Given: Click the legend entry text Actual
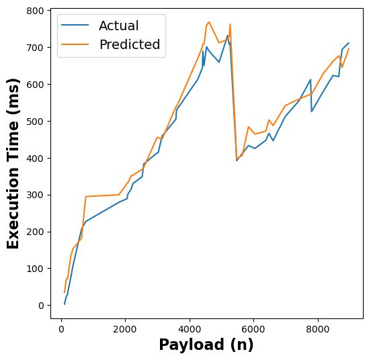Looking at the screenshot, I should (x=118, y=26).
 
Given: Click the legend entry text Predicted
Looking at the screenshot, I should (x=129, y=45).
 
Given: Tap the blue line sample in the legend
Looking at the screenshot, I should (x=76, y=26).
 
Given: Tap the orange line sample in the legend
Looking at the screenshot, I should (x=76, y=45).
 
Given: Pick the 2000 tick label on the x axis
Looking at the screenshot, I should (x=125, y=329).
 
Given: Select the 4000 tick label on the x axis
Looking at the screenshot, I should (x=190, y=329).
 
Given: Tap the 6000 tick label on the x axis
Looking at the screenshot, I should (x=253, y=329).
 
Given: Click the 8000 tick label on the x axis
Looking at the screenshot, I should (x=318, y=329).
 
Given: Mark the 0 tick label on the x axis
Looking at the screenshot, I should (x=61, y=329).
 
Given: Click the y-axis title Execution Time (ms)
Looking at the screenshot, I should (x=13, y=163).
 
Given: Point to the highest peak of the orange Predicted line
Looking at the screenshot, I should (x=209, y=21).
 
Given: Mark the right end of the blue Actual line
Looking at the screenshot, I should (x=349, y=43).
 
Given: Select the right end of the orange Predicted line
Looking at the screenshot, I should (x=349, y=49).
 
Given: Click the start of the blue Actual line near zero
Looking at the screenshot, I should (x=65, y=304).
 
